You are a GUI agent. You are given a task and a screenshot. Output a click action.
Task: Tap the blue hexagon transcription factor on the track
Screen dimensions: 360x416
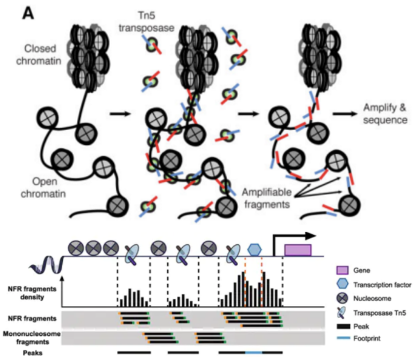(254, 249)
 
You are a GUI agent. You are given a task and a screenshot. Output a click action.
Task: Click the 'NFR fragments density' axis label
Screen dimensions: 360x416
(31, 293)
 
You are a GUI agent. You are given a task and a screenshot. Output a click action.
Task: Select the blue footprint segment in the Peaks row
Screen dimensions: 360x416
(254, 351)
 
